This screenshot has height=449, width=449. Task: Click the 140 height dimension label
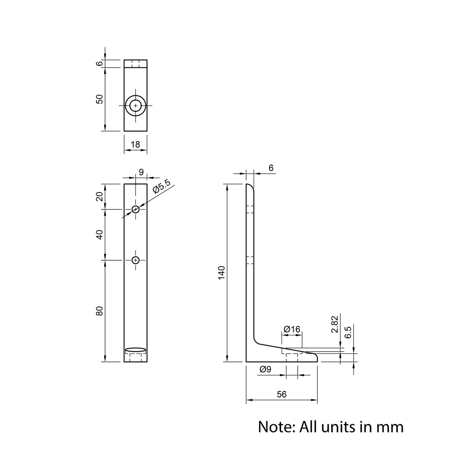pyautogui.click(x=222, y=273)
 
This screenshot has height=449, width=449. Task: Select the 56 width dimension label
pyautogui.click(x=282, y=394)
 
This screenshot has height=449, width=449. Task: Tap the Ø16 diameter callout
pyautogui.click(x=292, y=329)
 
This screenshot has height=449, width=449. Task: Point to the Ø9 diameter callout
pyautogui.click(x=265, y=370)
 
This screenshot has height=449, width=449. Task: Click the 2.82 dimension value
pyautogui.click(x=335, y=324)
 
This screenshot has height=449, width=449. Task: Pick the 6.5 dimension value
pyautogui.click(x=348, y=332)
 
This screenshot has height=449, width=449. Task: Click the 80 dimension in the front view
pyautogui.click(x=99, y=311)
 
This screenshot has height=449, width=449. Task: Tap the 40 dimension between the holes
pyautogui.click(x=99, y=235)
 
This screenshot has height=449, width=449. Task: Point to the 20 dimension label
pyautogui.click(x=99, y=197)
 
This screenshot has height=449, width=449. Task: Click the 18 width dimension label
pyautogui.click(x=136, y=144)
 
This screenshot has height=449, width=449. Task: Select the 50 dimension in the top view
pyautogui.click(x=99, y=99)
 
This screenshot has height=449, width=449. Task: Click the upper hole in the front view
pyautogui.click(x=136, y=209)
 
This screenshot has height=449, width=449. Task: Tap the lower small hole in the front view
pyautogui.click(x=136, y=260)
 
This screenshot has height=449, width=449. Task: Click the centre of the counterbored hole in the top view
pyautogui.click(x=136, y=106)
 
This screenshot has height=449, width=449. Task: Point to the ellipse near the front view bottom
pyautogui.click(x=136, y=349)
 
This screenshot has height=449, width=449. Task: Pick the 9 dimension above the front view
pyautogui.click(x=141, y=172)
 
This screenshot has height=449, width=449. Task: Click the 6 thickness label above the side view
pyautogui.click(x=271, y=168)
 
